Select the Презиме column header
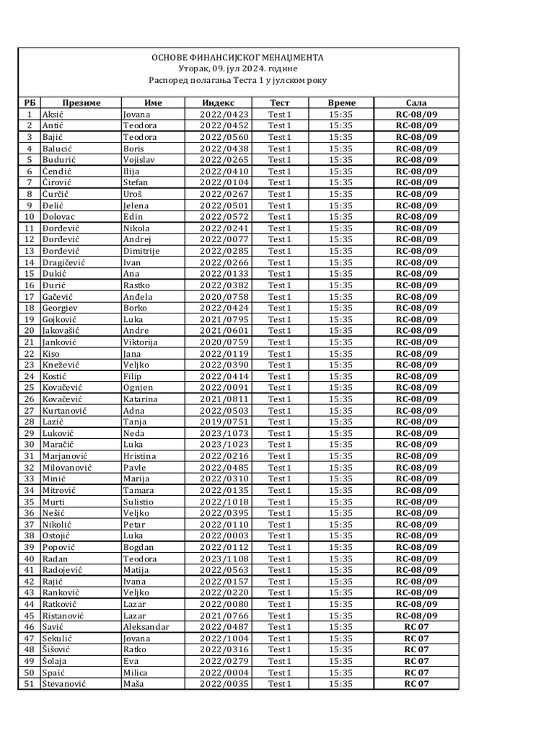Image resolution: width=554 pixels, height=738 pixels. tap(81, 102)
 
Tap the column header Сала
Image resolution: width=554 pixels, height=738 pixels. tap(416, 102)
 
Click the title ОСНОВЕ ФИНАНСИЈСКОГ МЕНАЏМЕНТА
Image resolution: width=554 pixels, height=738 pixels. tap(237, 57)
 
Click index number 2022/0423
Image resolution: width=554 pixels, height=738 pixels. tap(224, 114)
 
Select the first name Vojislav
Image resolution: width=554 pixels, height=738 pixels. tap(141, 159)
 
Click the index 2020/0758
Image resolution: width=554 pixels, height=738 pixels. tap(224, 296)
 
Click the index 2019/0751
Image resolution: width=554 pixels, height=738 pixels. tap(224, 422)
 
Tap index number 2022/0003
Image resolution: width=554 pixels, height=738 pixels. tap(224, 535)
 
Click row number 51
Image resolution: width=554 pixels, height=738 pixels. tap(30, 684)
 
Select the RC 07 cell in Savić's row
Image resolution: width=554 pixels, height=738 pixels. tap(416, 627)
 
